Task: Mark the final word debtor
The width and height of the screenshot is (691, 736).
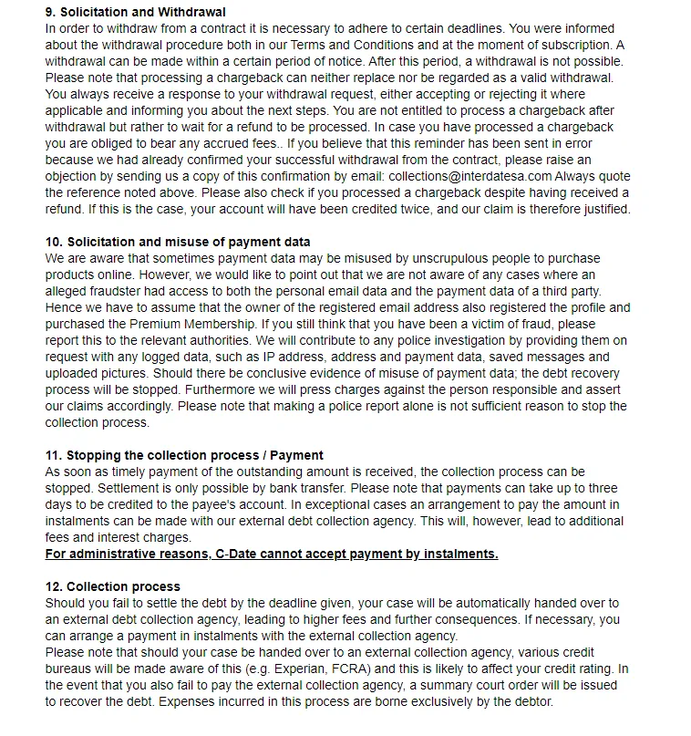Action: point(529,701)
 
